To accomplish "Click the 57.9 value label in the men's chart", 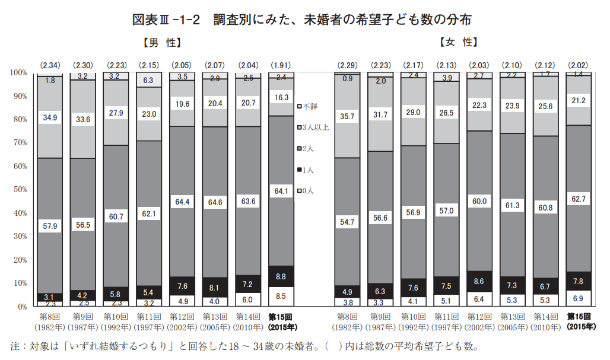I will point(50,226).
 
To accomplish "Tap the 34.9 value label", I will point(50,118).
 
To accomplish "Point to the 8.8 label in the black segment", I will point(281,276).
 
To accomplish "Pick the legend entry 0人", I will point(307,190).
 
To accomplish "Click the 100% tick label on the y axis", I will point(18,72).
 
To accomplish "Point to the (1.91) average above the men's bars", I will point(281,64).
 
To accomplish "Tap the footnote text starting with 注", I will point(243,346).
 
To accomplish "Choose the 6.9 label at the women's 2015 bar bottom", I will point(579,296).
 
